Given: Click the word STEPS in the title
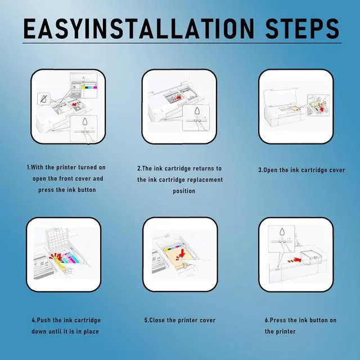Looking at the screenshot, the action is click(303, 28).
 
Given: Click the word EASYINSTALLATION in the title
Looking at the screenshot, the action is click(139, 28).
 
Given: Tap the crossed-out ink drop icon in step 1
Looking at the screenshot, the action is click(44, 99).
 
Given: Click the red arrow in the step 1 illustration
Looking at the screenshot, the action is click(76, 104).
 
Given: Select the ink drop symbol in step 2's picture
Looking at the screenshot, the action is click(197, 110).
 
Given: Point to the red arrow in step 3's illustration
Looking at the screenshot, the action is click(321, 109).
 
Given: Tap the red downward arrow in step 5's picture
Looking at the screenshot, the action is click(182, 253).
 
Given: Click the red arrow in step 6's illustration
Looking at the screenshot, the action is click(295, 260).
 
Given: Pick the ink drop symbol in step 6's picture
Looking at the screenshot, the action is click(282, 232).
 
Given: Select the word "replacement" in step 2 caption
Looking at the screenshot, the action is click(205, 179).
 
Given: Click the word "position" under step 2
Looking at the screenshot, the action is click(184, 191).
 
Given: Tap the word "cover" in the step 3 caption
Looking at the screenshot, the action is click(337, 170).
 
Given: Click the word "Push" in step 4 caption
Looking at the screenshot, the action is click(44, 320).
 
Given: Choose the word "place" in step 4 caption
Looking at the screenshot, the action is click(91, 331).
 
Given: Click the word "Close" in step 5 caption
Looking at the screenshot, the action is click(157, 320).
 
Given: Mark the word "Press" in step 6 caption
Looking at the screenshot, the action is click(277, 320).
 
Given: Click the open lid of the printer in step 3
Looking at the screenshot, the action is click(279, 97).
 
